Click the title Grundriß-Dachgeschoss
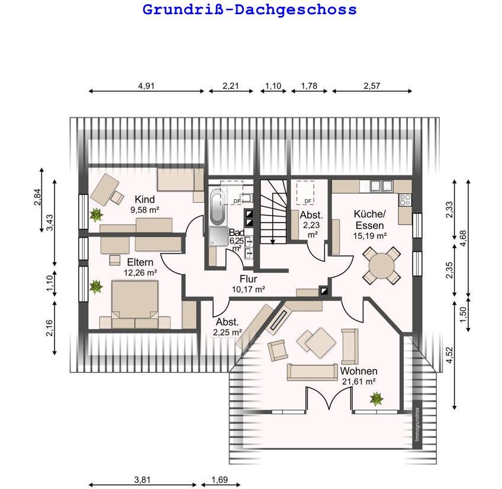[249, 9]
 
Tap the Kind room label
[144, 199]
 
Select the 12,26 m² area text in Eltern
[140, 273]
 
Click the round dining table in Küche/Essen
[381, 266]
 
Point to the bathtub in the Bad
[218, 206]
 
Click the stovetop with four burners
[405, 200]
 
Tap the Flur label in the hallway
[248, 279]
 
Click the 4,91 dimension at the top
[146, 86]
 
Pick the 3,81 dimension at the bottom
[142, 480]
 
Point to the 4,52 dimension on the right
[449, 355]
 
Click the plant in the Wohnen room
[376, 399]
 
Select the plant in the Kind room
[96, 215]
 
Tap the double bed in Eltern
[135, 304]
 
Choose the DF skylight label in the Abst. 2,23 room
[308, 201]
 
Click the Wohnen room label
[359, 371]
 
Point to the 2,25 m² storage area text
[227, 333]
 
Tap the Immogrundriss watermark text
[417, 424]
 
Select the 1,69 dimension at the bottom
[220, 480]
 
